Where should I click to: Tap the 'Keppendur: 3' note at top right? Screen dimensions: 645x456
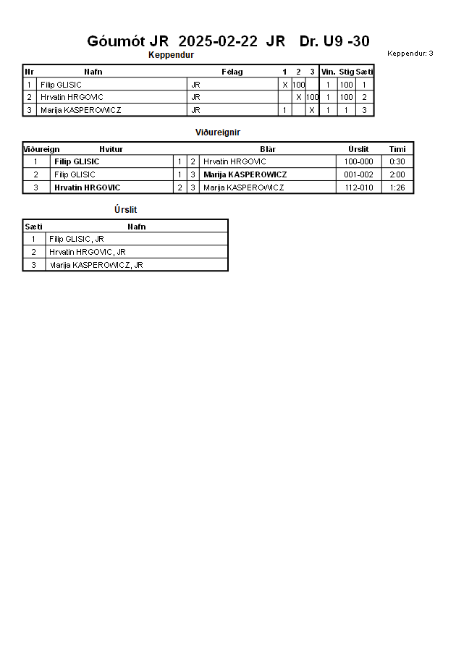pos(410,53)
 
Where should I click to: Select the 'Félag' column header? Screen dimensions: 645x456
pos(232,72)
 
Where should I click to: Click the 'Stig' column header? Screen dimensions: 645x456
pos(347,72)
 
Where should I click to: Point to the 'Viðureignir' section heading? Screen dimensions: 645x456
pos(218,132)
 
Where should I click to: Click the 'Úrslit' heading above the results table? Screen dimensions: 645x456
pos(125,210)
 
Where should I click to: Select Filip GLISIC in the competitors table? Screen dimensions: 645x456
pos(61,85)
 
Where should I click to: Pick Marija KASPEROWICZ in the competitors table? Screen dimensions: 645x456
pos(80,110)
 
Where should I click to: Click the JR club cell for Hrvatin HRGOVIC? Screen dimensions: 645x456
pos(195,97)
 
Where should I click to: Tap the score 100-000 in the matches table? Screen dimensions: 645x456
pos(359,161)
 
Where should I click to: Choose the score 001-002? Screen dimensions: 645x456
pos(359,174)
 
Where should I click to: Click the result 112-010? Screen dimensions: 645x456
pos(359,187)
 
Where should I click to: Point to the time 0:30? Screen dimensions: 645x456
pos(397,161)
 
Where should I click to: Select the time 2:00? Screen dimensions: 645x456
pos(397,174)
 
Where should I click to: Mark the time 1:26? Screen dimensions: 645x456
pos(397,187)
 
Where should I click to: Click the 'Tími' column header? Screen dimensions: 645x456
pos(397,149)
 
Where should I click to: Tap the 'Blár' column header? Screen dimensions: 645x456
pos(268,149)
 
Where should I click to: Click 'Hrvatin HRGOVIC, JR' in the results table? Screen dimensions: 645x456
pos(88,252)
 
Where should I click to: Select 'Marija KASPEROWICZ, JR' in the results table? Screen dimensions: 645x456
pos(96,265)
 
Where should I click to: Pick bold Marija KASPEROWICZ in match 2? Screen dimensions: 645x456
pos(245,174)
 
